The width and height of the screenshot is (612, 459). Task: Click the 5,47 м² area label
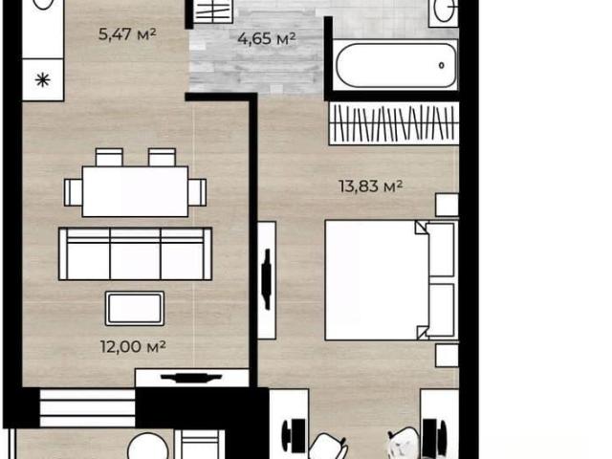pyautogui.click(x=127, y=34)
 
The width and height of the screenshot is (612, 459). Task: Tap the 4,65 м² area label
pyautogui.click(x=267, y=38)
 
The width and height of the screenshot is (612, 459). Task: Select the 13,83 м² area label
pyautogui.click(x=370, y=186)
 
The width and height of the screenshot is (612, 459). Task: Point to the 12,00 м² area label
pyautogui.click(x=133, y=346)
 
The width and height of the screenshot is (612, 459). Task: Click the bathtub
pyautogui.click(x=396, y=65)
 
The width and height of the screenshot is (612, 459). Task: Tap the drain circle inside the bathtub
pyautogui.click(x=442, y=65)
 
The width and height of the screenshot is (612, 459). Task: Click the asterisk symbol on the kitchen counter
pyautogui.click(x=42, y=80)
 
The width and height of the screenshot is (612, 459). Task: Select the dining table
pyautogui.click(x=135, y=191)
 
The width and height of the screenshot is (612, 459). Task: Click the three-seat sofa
pyautogui.click(x=135, y=253)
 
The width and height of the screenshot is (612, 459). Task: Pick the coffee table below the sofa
pyautogui.click(x=135, y=308)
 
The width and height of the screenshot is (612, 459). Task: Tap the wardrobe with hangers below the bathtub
pyautogui.click(x=394, y=123)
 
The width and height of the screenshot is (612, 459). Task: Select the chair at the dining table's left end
pyautogui.click(x=74, y=192)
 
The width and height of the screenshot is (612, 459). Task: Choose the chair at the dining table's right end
pyautogui.click(x=197, y=192)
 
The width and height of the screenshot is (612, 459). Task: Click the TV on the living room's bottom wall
pyautogui.click(x=191, y=378)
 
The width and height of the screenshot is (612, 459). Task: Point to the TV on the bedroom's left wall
pyautogui.click(x=267, y=279)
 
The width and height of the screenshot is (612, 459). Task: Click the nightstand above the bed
pyautogui.click(x=447, y=205)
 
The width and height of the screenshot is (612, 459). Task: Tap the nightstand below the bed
pyautogui.click(x=447, y=355)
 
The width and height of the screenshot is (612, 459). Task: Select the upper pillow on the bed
pyautogui.click(x=441, y=250)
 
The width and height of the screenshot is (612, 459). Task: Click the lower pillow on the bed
pyautogui.click(x=441, y=310)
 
